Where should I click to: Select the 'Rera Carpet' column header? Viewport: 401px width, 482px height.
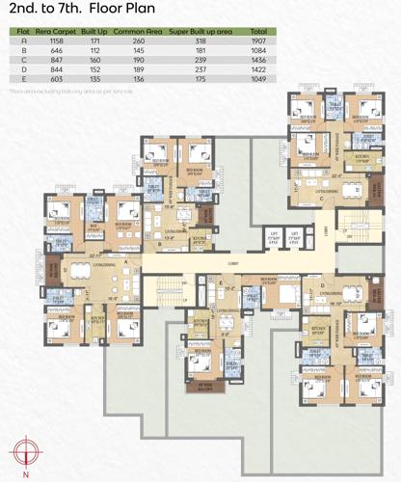(57, 32)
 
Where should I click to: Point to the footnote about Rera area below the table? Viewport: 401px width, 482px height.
(58, 90)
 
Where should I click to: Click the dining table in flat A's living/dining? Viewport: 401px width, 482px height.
(81, 269)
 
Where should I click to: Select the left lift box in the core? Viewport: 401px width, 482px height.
(274, 236)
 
